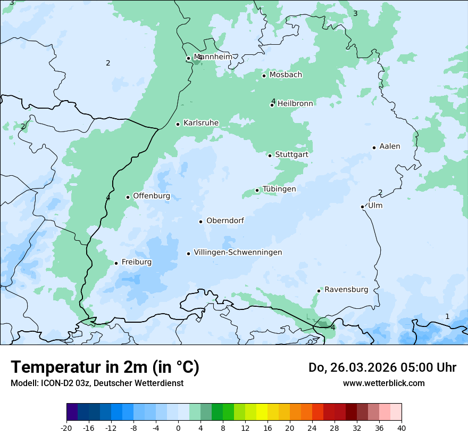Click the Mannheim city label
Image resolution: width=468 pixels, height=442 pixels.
click(x=213, y=57)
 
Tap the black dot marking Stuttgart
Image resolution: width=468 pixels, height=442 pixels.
click(x=270, y=155)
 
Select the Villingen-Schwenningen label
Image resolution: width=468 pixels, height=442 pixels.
click(x=238, y=252)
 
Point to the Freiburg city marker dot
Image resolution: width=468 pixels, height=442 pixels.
click(x=116, y=263)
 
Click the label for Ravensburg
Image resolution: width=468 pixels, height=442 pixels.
click(x=346, y=290)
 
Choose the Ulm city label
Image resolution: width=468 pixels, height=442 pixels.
click(x=375, y=206)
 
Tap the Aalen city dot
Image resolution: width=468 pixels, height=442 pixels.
click(x=374, y=148)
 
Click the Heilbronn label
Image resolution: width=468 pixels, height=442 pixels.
click(x=295, y=103)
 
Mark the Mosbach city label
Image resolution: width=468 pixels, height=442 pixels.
click(x=286, y=75)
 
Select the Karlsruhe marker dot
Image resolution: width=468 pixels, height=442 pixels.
click(x=178, y=124)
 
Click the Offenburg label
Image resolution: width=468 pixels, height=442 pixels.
click(x=152, y=196)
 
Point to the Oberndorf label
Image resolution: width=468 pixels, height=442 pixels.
click(x=225, y=220)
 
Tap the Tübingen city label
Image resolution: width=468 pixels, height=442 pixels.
click(x=279, y=189)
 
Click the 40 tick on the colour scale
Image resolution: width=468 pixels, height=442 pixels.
click(x=401, y=428)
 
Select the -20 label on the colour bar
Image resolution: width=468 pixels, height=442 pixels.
click(x=66, y=428)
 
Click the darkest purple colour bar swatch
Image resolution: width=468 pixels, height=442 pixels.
click(x=72, y=412)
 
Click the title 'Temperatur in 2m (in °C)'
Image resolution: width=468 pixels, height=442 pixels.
click(x=105, y=367)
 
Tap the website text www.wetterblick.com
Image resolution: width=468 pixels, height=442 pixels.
click(x=383, y=383)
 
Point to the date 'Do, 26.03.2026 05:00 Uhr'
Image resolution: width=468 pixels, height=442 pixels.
click(x=382, y=367)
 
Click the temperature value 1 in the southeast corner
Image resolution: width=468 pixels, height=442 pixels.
click(x=447, y=317)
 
